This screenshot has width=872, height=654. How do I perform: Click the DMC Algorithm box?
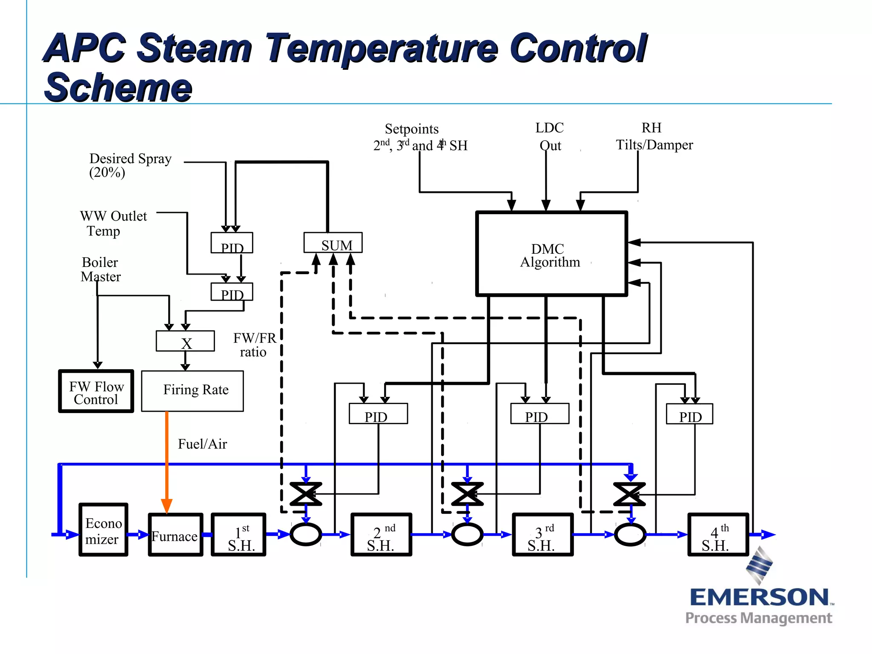point(551,254)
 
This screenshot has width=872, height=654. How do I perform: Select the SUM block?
point(333,243)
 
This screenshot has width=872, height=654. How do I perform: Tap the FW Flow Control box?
point(96,391)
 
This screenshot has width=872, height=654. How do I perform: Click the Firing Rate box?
point(192,390)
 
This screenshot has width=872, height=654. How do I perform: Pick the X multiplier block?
point(185,341)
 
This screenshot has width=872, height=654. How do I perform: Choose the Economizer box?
point(103,530)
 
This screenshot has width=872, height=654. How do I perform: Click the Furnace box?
point(175,535)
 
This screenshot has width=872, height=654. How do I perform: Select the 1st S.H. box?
point(239,535)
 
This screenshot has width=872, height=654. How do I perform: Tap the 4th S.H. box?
point(718,535)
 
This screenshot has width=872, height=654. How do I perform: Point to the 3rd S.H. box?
point(543,535)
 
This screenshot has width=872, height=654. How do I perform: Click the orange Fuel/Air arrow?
point(167,460)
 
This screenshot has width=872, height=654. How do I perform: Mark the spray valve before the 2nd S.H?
point(306,494)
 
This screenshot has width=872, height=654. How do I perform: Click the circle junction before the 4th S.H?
point(630,534)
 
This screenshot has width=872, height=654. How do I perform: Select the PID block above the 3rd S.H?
point(539,414)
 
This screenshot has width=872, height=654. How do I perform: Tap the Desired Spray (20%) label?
point(129,165)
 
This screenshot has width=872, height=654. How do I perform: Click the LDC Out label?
point(550,136)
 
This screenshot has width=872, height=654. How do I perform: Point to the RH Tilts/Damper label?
point(654,136)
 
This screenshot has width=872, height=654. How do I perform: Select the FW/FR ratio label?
point(254,345)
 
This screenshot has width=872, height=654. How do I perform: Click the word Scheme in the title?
point(118,87)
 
